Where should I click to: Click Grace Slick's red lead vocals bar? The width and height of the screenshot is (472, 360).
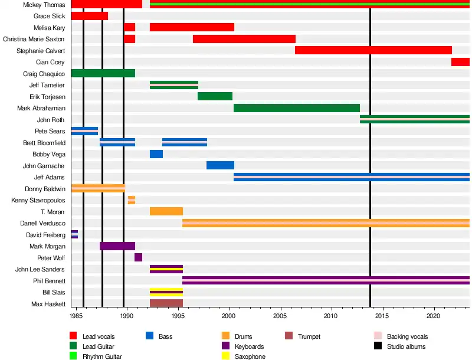tap(89, 16)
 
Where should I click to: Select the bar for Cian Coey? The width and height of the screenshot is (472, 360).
tap(460, 62)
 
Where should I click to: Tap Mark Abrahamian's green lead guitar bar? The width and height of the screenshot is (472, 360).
tap(297, 108)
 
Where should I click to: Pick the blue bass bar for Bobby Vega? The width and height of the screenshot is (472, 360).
tap(156, 154)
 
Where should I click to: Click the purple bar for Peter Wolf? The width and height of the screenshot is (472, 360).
tap(138, 257)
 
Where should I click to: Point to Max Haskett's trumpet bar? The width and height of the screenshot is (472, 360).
tap(166, 303)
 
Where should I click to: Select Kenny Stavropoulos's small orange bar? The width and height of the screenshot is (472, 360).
tap(132, 200)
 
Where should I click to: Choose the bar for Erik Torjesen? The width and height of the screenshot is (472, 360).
tap(215, 96)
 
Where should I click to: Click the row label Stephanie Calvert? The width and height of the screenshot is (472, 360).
tap(41, 51)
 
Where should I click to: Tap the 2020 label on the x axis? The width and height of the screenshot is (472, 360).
tap(435, 316)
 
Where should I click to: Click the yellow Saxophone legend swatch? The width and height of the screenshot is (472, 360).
tap(225, 356)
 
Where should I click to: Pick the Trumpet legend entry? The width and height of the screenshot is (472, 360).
tap(309, 336)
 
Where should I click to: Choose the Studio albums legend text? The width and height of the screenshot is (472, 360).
tap(406, 346)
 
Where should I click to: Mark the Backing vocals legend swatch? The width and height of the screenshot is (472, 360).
tap(378, 336)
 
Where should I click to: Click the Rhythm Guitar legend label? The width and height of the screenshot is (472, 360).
tap(102, 356)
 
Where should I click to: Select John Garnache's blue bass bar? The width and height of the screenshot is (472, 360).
tap(220, 165)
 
